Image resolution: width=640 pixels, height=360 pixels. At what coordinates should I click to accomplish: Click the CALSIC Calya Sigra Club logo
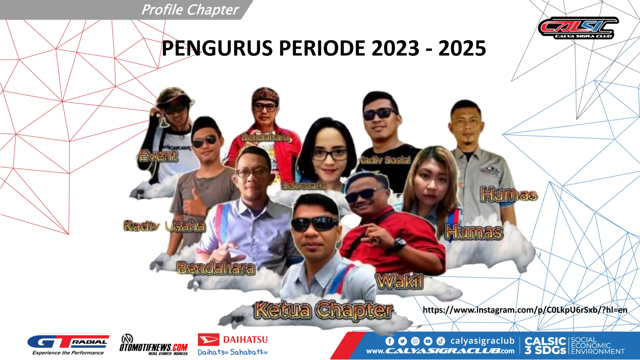(x=578, y=28)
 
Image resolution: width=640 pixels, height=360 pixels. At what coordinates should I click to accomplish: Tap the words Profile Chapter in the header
(x=190, y=10)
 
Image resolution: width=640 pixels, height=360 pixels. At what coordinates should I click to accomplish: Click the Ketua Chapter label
(x=323, y=310)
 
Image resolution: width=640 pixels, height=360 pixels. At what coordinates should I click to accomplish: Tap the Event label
(x=159, y=156)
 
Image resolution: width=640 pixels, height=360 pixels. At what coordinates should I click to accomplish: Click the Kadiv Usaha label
(x=165, y=226)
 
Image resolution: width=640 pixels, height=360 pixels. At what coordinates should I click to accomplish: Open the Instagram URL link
(x=525, y=310)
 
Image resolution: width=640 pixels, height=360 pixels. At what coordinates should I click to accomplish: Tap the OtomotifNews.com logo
(x=153, y=345)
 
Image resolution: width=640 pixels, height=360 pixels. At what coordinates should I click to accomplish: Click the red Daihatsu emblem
(x=208, y=340)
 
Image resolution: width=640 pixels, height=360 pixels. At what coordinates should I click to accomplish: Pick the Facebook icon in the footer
(x=390, y=341)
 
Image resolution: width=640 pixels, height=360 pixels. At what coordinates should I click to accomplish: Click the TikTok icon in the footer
(x=441, y=341)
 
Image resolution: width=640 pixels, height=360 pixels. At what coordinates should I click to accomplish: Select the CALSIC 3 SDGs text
(x=545, y=345)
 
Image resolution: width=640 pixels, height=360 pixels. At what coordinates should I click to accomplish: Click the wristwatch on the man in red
(x=400, y=243)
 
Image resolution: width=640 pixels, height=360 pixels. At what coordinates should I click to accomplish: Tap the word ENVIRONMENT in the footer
(x=598, y=352)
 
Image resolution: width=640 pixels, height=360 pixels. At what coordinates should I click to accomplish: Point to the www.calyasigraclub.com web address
(x=440, y=351)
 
